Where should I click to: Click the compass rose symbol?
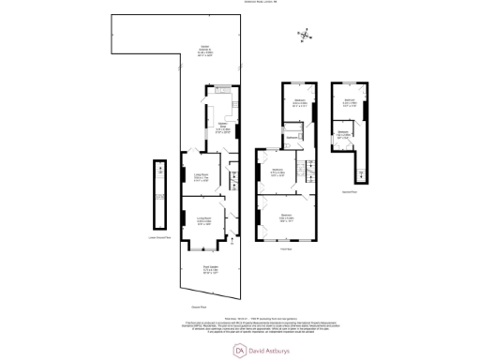[305, 37]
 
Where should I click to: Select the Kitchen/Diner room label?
[224, 127]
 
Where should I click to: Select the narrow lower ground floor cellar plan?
[156, 197]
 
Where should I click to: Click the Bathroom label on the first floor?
[292, 138]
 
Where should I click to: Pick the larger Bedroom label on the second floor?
[349, 102]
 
